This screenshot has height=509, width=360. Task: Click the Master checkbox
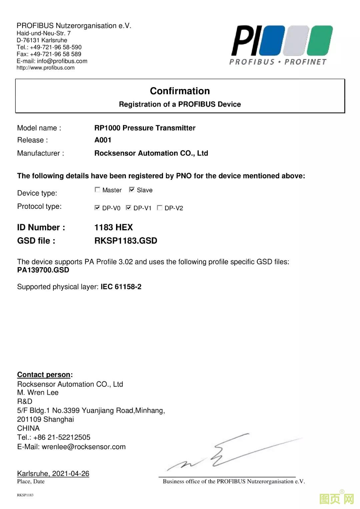click(97, 190)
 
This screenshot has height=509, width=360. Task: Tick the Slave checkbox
click(132, 190)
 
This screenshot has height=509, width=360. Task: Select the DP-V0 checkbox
click(97, 208)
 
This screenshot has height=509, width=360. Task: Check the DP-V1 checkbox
click(128, 208)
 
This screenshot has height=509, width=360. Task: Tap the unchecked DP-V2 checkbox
click(160, 208)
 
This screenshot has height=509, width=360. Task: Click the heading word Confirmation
click(180, 91)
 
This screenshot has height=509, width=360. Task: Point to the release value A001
click(103, 140)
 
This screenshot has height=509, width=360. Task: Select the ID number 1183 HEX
click(113, 227)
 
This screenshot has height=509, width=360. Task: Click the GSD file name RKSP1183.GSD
click(126, 241)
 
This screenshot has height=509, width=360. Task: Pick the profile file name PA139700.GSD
click(43, 270)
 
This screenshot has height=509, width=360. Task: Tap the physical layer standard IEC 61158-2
click(121, 287)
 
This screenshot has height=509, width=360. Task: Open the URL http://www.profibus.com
click(46, 68)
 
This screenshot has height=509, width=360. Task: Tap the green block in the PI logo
click(320, 40)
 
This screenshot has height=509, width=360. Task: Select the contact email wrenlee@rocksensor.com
click(84, 447)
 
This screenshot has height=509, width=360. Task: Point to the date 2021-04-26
click(71, 473)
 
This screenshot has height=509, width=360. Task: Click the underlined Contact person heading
click(44, 375)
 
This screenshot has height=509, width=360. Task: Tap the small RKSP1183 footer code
click(25, 495)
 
